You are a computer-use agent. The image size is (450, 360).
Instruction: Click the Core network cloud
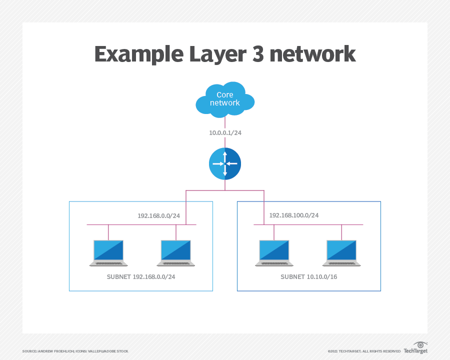tap(224, 99)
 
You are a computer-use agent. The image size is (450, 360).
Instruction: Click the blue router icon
tap(225, 163)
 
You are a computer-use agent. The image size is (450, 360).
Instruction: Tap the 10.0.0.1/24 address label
tap(225, 133)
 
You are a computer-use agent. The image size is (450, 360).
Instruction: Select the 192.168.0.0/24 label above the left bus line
tap(158, 216)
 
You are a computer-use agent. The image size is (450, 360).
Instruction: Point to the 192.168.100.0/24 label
tap(294, 215)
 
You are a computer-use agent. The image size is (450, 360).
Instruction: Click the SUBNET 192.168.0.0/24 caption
tap(141, 276)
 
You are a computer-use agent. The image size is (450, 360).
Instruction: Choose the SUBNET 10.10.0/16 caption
tap(309, 276)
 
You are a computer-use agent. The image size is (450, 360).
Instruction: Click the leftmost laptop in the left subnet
tap(108, 253)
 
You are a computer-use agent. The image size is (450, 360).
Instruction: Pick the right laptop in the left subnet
tap(176, 253)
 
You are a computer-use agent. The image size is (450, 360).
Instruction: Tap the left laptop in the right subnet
tap(274, 253)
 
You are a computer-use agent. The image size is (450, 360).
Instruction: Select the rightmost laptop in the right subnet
tap(341, 253)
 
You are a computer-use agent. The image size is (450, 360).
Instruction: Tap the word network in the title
tap(312, 54)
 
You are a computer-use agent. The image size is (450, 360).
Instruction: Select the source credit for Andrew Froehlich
tap(75, 351)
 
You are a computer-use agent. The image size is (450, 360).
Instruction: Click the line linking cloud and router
tap(225, 123)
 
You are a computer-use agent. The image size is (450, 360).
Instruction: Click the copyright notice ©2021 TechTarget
tap(364, 351)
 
